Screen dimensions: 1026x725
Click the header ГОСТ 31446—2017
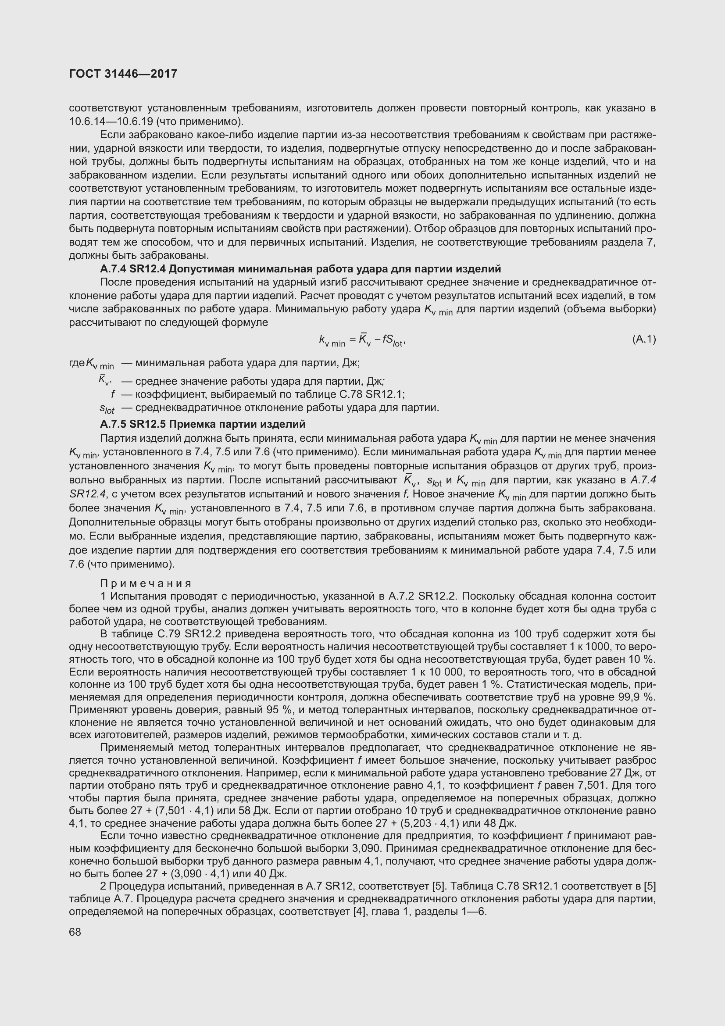click(x=123, y=74)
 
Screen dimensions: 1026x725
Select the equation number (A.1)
click(x=644, y=339)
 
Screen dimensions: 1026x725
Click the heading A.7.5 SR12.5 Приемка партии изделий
click(x=203, y=424)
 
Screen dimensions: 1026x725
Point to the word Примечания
click(x=146, y=583)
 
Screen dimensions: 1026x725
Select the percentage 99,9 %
click(x=632, y=697)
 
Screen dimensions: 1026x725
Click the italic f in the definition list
click(x=113, y=395)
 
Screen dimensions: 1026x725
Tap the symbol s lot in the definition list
click(x=107, y=408)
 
